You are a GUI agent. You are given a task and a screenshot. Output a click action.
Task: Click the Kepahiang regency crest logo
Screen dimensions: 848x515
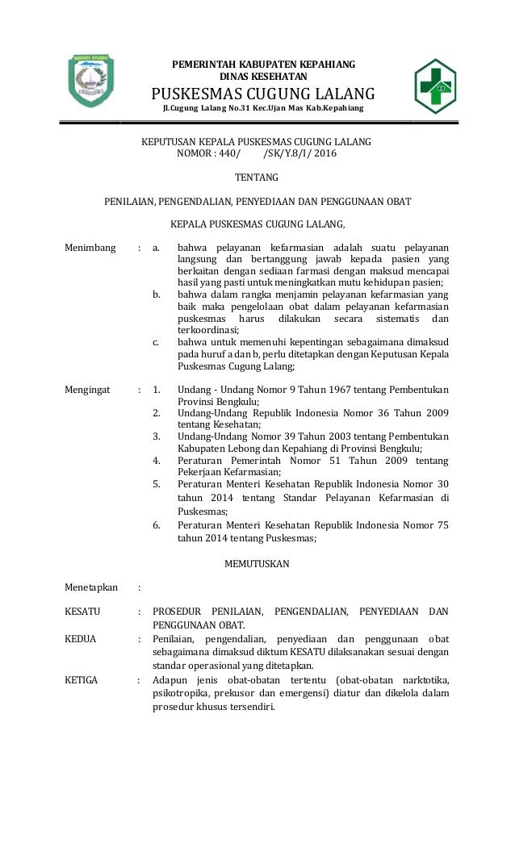click(x=90, y=81)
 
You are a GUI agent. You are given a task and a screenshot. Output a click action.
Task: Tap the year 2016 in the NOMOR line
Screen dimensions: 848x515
click(x=324, y=154)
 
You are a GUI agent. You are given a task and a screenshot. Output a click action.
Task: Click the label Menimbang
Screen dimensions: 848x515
click(x=90, y=247)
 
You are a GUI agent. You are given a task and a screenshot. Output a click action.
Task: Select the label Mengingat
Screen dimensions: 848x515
click(x=89, y=390)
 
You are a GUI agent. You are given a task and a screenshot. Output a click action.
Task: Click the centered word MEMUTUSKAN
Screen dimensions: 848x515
click(x=256, y=563)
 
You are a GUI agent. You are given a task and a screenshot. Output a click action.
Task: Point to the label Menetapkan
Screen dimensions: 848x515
click(x=91, y=587)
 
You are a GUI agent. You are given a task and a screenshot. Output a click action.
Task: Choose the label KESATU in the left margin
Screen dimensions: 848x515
click(x=82, y=612)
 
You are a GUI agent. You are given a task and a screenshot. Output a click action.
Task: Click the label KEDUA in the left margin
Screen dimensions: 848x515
click(x=80, y=639)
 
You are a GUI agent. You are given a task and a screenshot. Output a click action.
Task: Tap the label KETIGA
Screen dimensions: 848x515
click(x=81, y=680)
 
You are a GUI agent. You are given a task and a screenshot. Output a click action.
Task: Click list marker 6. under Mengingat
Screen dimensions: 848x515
click(x=157, y=525)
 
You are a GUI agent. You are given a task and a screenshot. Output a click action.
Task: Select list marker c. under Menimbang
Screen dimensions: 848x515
click(x=157, y=342)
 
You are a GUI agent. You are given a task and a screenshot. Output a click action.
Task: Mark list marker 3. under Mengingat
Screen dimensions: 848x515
click(x=157, y=437)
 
